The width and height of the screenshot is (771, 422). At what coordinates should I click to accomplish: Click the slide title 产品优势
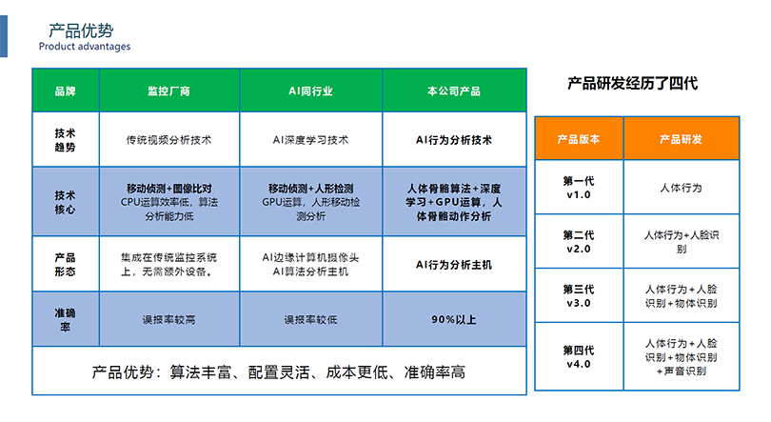pos(81,30)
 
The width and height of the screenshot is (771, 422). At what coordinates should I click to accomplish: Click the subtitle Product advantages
pos(85,47)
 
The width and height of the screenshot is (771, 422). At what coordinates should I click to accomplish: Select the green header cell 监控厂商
pos(168,91)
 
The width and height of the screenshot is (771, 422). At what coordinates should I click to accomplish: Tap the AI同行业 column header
pos(310,91)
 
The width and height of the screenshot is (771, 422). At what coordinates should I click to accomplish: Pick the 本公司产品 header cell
pos(454,91)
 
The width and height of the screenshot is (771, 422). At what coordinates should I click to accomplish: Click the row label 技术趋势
pos(65,140)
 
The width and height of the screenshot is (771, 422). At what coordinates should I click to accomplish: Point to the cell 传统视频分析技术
pos(168,140)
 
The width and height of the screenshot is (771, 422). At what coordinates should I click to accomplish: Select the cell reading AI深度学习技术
pos(310,140)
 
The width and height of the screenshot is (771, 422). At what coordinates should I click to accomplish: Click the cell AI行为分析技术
pos(454,140)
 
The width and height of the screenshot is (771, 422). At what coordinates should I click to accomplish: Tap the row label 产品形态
pos(65,265)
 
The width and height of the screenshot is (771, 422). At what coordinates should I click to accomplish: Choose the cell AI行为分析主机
pos(454,265)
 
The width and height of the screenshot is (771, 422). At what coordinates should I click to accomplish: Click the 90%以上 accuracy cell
pos(454,320)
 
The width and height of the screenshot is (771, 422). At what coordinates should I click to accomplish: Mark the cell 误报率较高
pos(168,320)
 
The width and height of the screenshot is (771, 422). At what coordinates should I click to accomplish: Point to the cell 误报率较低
pos(310,320)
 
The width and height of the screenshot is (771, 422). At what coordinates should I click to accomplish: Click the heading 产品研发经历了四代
pos(632,83)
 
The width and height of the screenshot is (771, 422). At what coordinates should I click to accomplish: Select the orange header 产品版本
pos(579,139)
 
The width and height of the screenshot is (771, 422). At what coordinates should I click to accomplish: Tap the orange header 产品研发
pos(681,139)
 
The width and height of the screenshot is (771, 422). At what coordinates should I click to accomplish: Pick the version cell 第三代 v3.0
pos(579,296)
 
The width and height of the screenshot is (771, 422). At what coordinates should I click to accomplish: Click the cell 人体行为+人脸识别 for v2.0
pos(682,242)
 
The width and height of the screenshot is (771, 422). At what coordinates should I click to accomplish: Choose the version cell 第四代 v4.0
pos(579,357)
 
